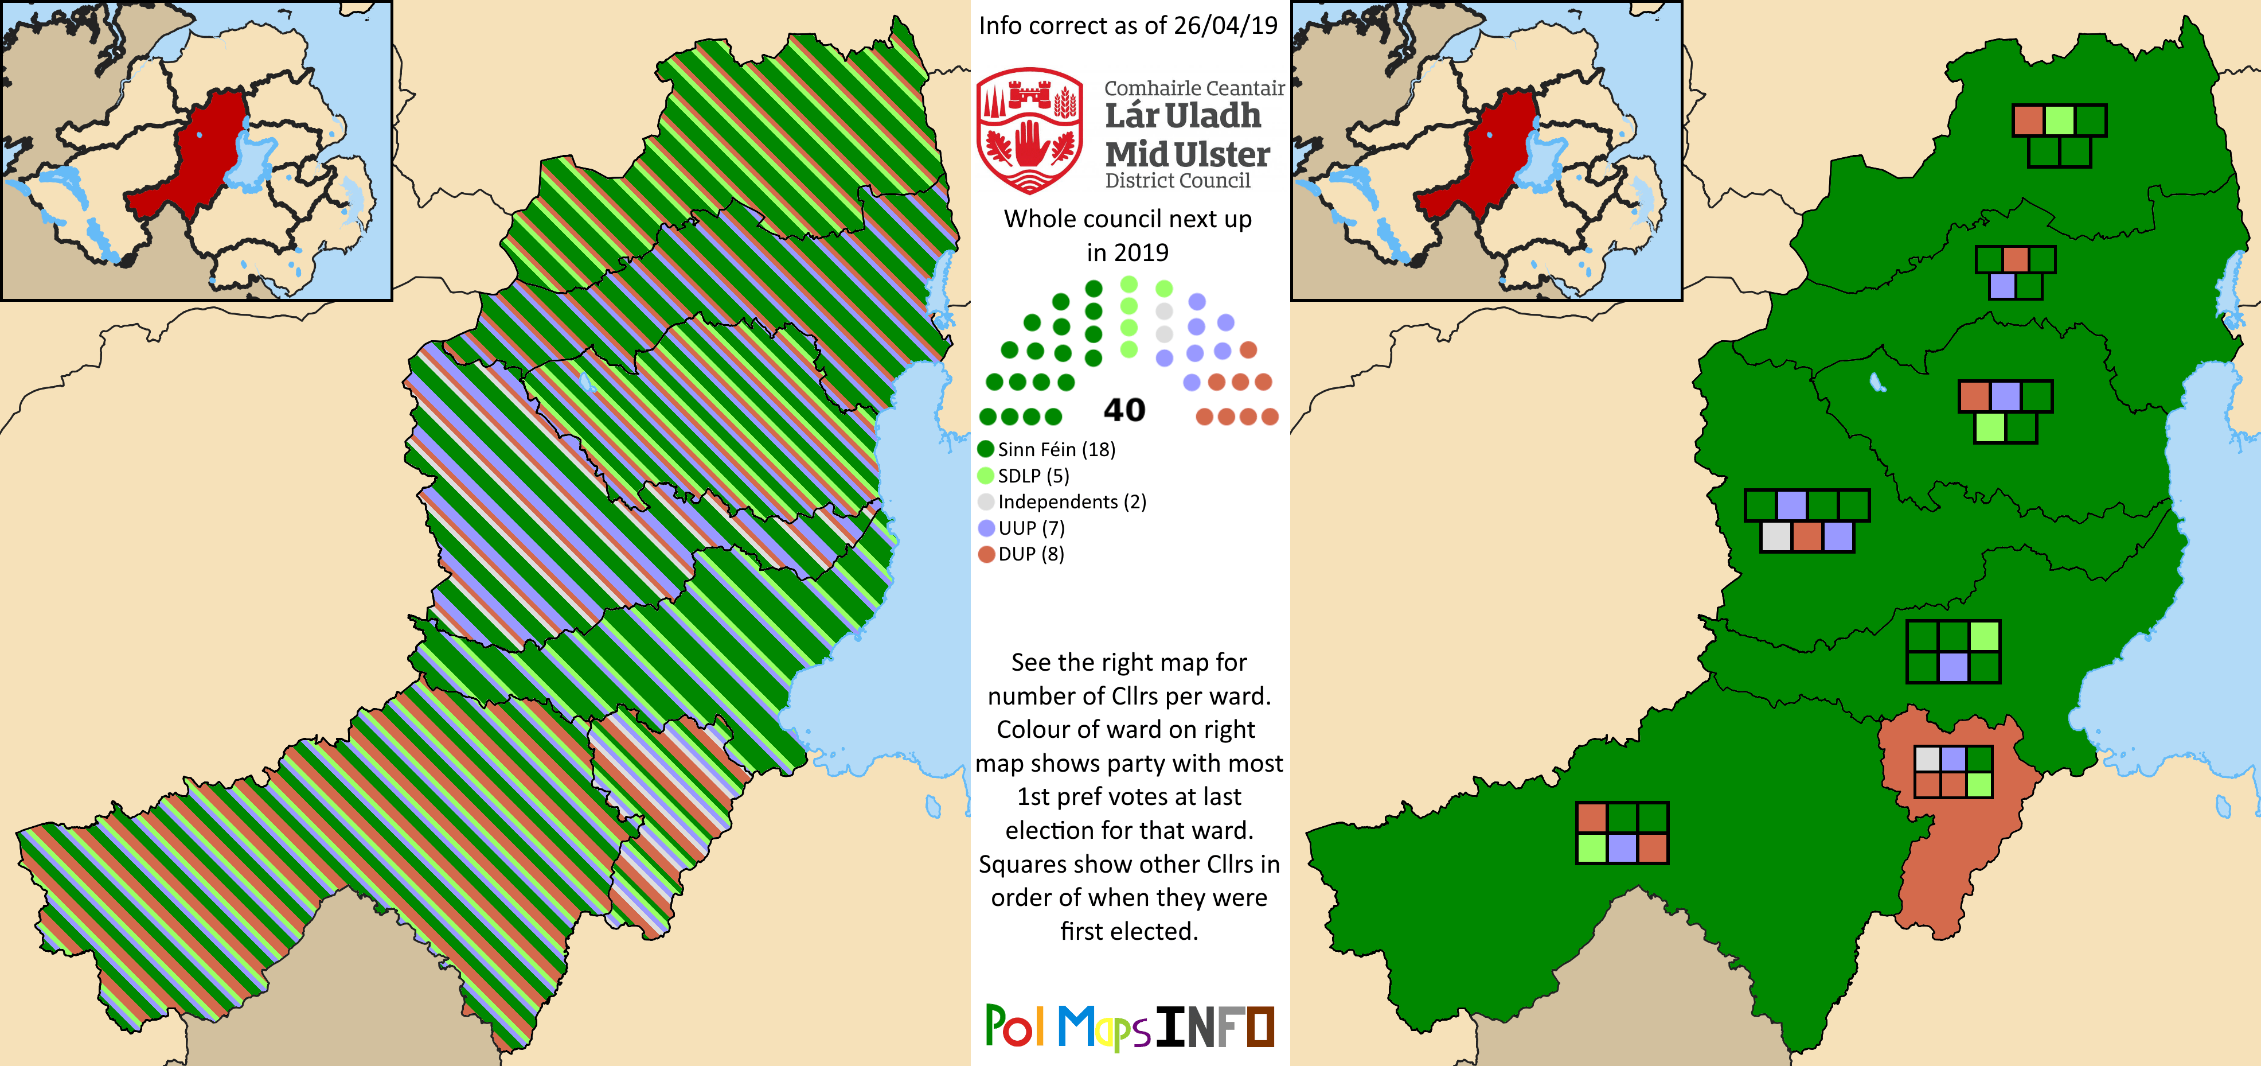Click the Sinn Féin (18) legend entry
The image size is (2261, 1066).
click(1046, 450)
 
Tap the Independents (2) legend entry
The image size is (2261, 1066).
click(1062, 502)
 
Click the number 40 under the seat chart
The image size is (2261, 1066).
click(1124, 410)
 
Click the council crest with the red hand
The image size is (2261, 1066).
click(1029, 131)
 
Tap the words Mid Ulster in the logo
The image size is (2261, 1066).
click(1186, 154)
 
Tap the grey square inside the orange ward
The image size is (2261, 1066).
click(1927, 758)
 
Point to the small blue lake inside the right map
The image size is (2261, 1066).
click(1877, 382)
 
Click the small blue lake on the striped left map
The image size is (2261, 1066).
click(586, 383)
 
